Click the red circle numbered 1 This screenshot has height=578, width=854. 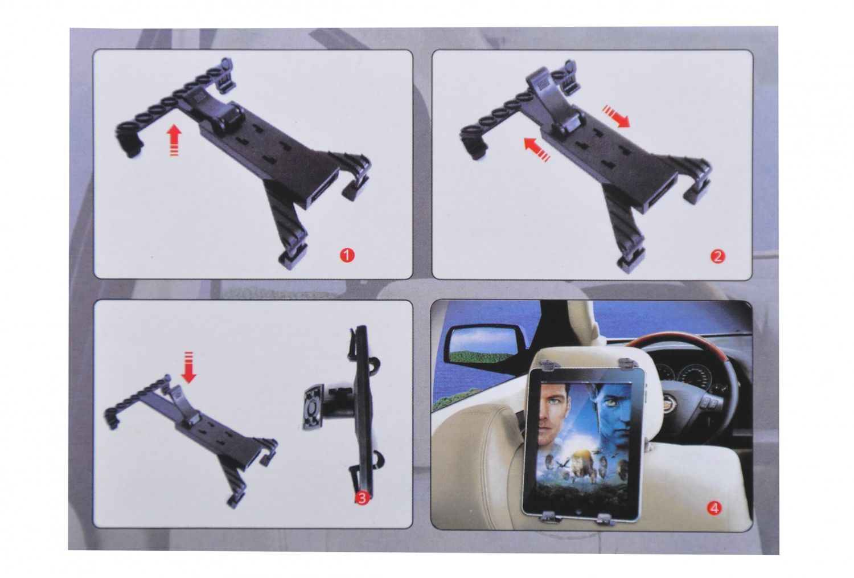347,256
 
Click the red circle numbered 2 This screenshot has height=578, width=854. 717,257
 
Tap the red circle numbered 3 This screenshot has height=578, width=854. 362,498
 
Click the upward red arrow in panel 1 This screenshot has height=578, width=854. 174,140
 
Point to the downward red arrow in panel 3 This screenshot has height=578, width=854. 188,367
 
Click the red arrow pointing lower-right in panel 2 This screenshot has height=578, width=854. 616,117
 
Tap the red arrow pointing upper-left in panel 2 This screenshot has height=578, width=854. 536,149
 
